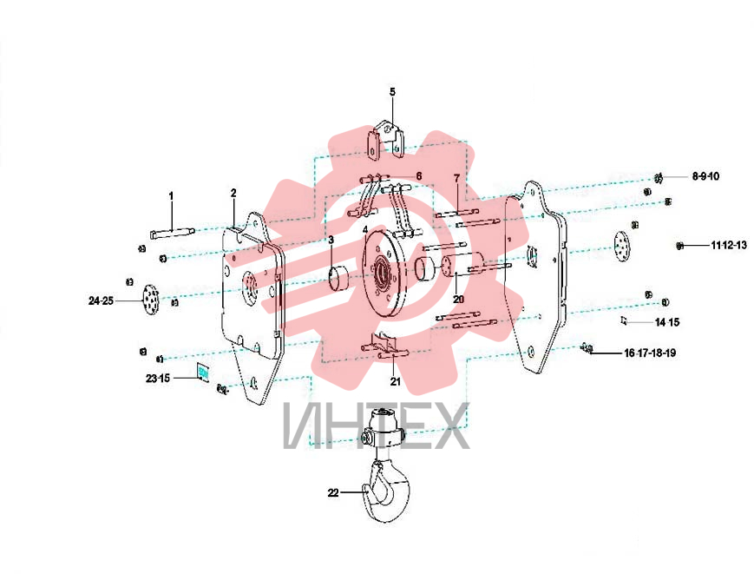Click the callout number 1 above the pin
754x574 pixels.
click(x=171, y=196)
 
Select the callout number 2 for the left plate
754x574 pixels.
click(x=233, y=193)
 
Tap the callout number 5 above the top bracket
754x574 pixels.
click(x=392, y=92)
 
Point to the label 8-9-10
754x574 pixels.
click(x=705, y=176)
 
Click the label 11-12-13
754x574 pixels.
click(x=729, y=246)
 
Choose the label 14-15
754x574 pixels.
click(x=667, y=322)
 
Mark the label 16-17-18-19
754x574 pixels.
click(x=650, y=353)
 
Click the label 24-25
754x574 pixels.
click(x=101, y=300)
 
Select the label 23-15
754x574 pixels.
click(x=158, y=378)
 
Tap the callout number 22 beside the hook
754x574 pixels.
click(x=333, y=492)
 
